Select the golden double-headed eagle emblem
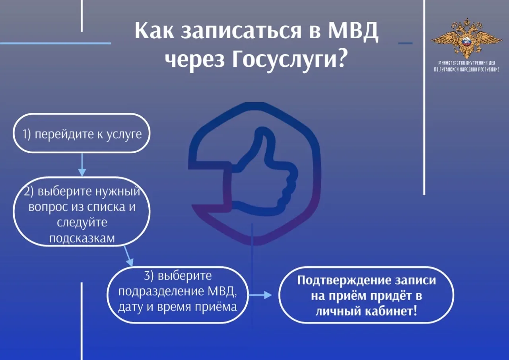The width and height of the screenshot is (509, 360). (466, 39)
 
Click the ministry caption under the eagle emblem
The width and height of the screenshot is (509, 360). (466, 66)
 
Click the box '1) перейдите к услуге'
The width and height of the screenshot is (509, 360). (82, 133)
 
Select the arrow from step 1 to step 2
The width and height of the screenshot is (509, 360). (82, 165)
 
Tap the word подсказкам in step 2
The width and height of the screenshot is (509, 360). (82, 238)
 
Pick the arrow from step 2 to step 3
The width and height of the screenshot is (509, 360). (128, 256)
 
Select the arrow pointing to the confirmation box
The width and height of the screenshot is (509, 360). (260, 295)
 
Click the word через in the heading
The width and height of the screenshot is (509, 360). (194, 60)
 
